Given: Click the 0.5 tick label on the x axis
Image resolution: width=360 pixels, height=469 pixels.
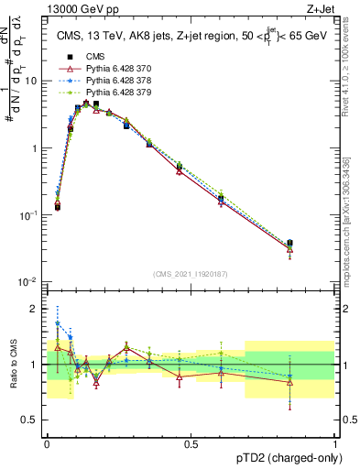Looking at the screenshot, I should click(191, 443).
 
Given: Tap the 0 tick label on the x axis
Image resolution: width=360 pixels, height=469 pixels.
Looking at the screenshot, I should click(47, 443).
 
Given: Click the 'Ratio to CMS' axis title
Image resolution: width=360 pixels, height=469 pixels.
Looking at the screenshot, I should click(13, 364).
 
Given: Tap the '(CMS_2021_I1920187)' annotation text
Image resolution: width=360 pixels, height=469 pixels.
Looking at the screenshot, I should click(191, 274).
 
